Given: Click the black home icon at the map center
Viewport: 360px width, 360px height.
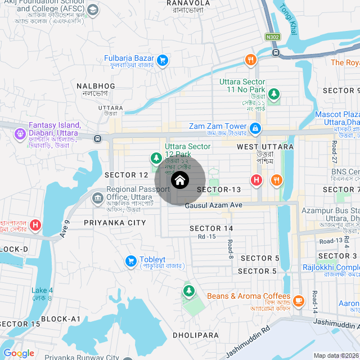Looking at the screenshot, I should (179, 180).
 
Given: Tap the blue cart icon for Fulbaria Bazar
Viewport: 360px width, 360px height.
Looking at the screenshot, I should (163, 60).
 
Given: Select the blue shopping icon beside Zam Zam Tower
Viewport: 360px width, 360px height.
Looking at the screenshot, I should (255, 129).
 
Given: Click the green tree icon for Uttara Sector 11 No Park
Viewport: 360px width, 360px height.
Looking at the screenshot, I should (273, 94).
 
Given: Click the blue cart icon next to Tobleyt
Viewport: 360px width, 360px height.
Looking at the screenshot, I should (130, 262).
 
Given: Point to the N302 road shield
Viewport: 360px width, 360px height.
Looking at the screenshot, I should (273, 37).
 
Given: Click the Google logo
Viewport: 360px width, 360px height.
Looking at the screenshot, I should (19, 353).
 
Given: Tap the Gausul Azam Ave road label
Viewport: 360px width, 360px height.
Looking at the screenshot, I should (213, 206).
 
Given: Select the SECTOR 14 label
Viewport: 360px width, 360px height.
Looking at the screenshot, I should (211, 228).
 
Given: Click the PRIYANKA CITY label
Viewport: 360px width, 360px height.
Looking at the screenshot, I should (114, 223).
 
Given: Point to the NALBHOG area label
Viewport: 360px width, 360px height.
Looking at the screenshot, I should (96, 86).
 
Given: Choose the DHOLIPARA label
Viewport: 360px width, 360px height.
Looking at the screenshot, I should (195, 335).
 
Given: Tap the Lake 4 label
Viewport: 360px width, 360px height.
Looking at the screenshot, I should (42, 290).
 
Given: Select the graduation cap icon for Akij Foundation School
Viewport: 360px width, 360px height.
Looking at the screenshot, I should (93, 10).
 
